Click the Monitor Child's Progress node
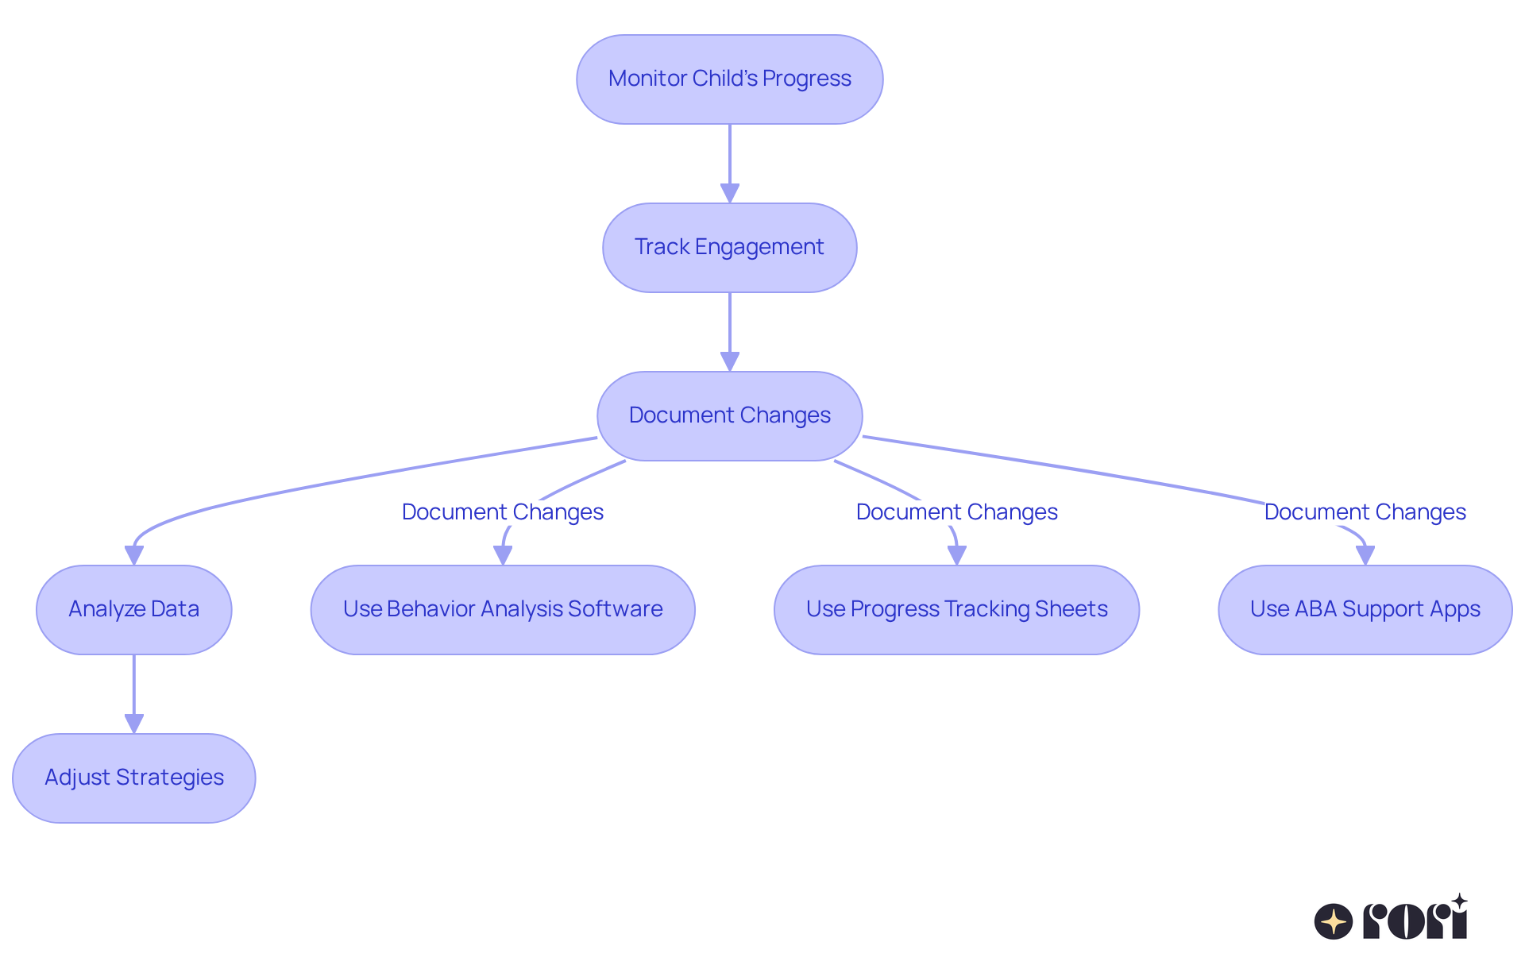729,79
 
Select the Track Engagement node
729,248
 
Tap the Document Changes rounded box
729,415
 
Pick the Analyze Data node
133,609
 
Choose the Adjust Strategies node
133,778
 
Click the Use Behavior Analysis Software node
503,609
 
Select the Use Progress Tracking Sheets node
956,609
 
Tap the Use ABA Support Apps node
1365,609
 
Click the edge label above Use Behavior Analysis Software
503,512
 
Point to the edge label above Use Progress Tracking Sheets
956,512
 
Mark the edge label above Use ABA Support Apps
1365,512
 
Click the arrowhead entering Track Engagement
729,193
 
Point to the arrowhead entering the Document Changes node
729,361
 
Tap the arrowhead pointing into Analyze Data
134,555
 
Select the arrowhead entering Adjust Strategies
134,724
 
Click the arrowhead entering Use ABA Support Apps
1365,555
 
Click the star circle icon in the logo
1333,921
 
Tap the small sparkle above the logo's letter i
1459,901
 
